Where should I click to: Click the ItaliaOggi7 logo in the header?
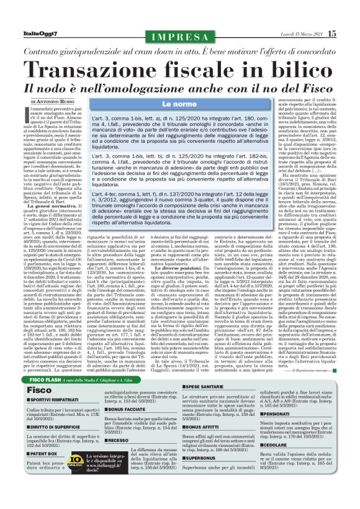29,33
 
